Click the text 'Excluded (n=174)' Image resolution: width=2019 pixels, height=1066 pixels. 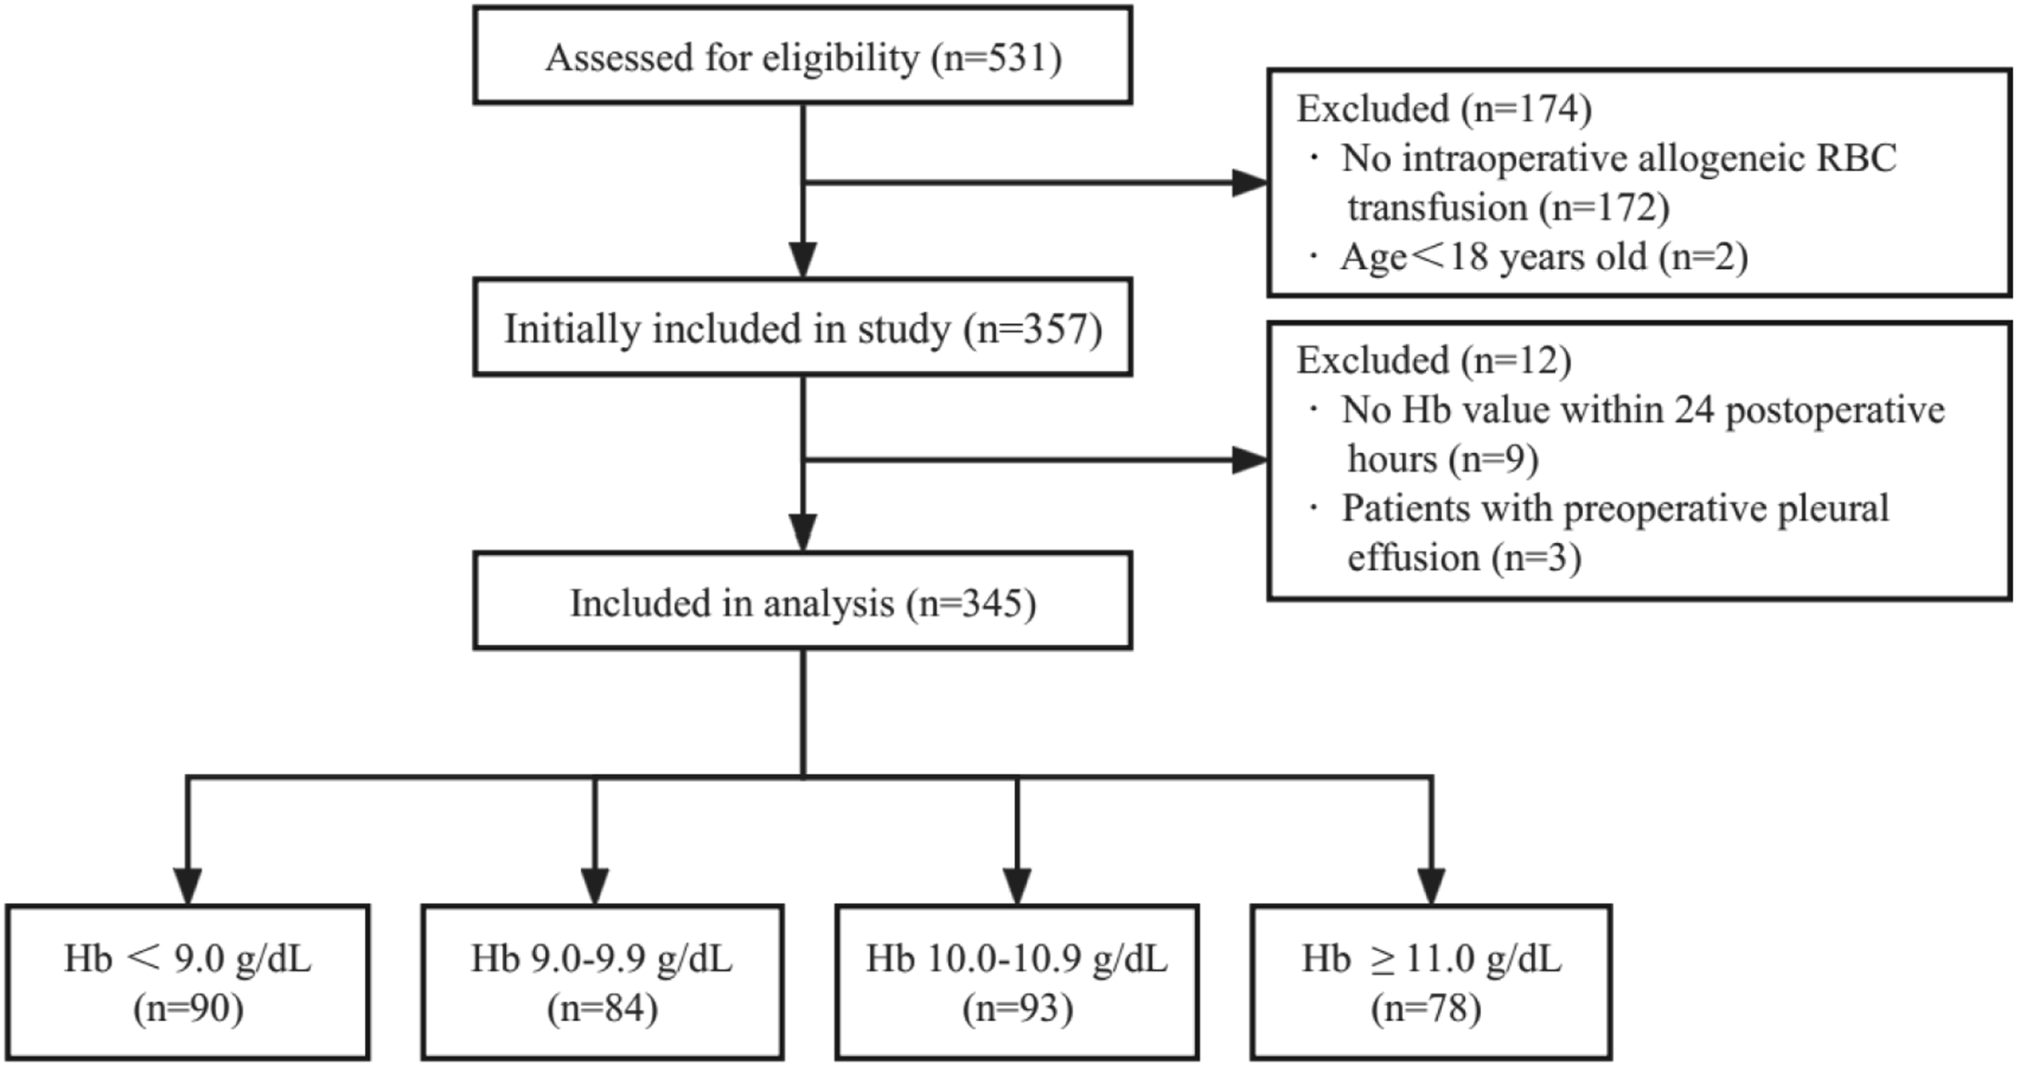click(1444, 108)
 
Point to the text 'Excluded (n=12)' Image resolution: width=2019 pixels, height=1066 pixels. click(1434, 361)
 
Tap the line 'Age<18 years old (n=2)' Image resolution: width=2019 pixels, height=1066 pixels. click(1544, 257)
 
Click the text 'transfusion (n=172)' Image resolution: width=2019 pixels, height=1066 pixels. click(1509, 208)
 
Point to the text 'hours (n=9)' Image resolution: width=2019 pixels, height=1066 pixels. click(1443, 460)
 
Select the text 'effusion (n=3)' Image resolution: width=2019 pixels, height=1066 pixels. click(1464, 558)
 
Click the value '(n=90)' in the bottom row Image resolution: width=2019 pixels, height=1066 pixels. click(188, 1009)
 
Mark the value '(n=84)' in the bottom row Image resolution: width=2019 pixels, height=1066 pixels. click(602, 1009)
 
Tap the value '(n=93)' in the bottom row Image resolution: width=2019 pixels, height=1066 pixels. click(1018, 1009)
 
